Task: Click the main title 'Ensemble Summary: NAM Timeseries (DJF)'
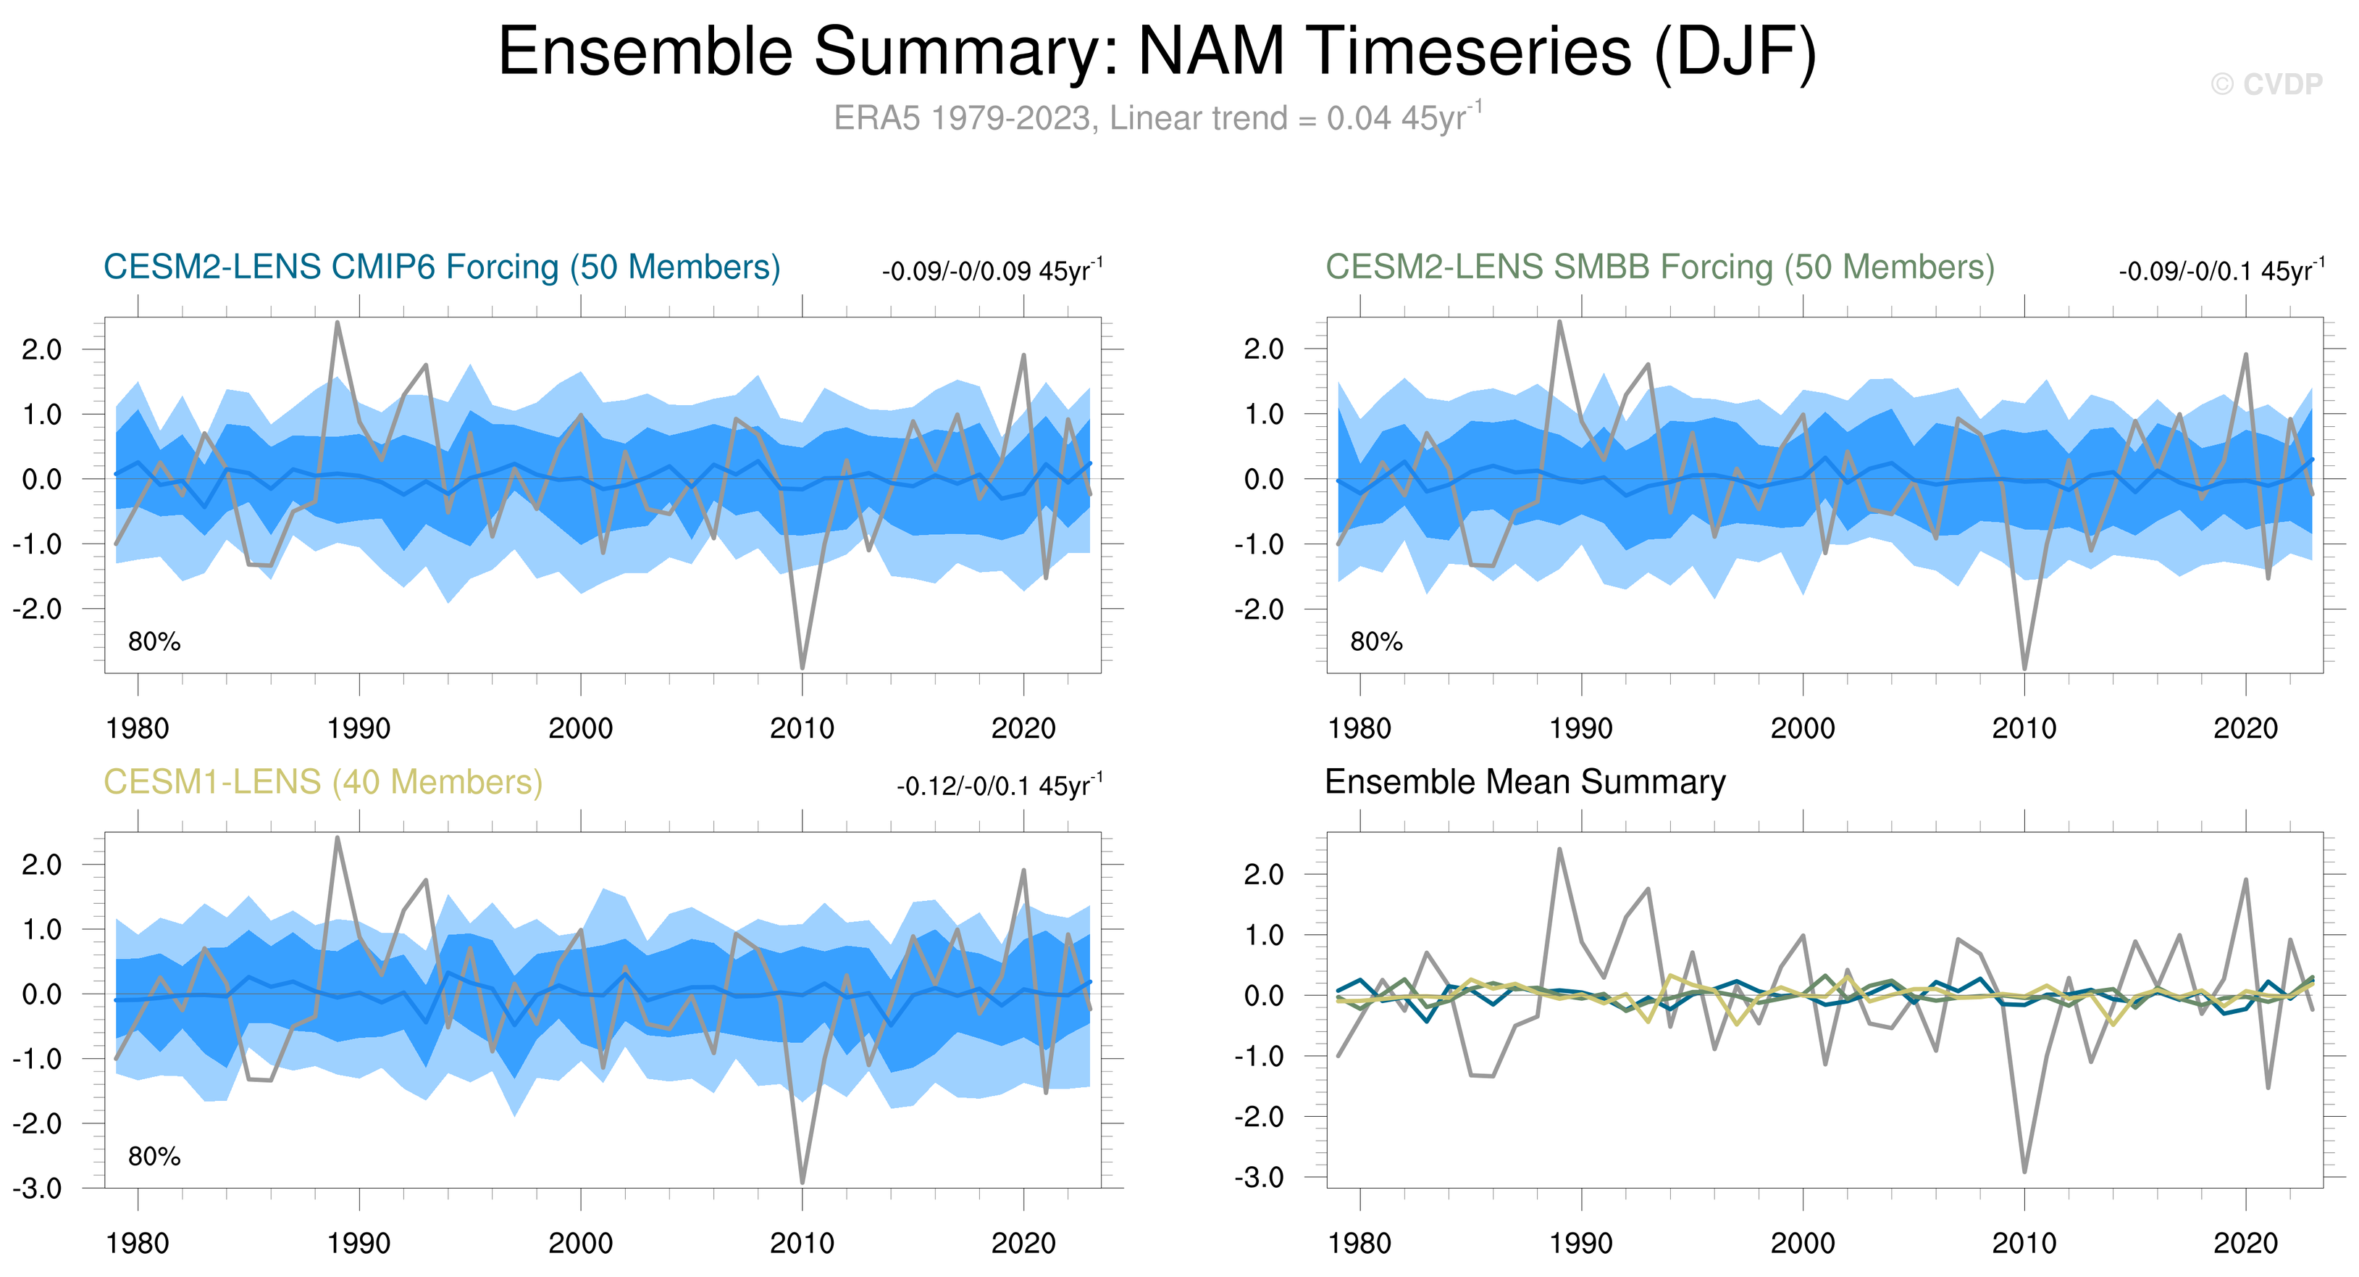coord(1157,51)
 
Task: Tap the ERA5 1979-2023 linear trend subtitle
coord(1157,118)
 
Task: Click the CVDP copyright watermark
coord(2266,84)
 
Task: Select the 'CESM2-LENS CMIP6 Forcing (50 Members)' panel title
coord(441,267)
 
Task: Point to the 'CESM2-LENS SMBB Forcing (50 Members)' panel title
coord(1659,267)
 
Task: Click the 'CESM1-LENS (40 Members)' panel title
coord(322,781)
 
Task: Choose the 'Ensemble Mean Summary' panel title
coord(1525,781)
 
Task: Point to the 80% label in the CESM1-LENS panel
coord(154,1156)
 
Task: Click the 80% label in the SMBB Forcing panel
coord(1375,641)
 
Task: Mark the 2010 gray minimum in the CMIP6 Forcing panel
coord(803,667)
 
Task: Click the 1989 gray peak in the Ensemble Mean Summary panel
coord(1559,850)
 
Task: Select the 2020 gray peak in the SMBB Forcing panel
coord(2245,354)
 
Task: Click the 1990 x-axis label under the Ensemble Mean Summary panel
coord(1580,1243)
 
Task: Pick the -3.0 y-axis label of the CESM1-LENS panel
coord(37,1188)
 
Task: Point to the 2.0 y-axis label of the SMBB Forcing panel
coord(1264,349)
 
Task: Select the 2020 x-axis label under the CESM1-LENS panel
coord(1023,1243)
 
